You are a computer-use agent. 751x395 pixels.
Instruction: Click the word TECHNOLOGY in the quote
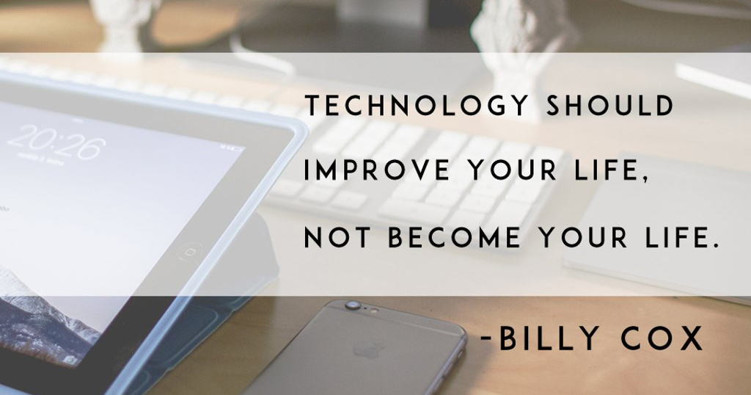click(416, 106)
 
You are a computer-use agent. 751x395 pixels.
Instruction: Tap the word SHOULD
click(610, 106)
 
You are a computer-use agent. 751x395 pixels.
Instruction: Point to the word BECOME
click(454, 238)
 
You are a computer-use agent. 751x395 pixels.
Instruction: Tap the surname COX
click(662, 338)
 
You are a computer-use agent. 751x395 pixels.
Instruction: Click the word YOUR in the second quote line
click(513, 170)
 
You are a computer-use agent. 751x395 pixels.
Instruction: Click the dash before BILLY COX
click(486, 339)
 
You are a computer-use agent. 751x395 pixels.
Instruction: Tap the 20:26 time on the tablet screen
click(56, 142)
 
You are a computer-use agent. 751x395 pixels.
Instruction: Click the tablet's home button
click(190, 252)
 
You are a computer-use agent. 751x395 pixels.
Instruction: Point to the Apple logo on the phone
click(369, 349)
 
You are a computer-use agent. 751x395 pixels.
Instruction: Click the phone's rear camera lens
click(353, 305)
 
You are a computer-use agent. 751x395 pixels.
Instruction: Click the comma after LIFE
click(647, 181)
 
